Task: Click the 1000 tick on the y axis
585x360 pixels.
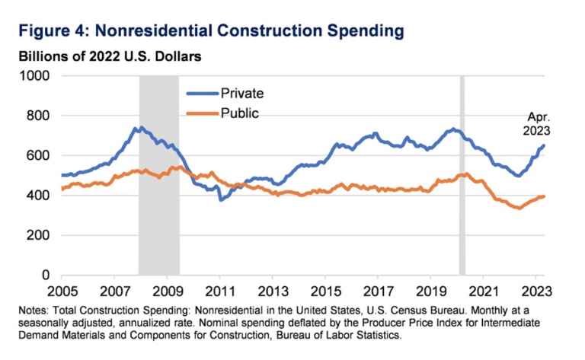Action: pyautogui.click(x=34, y=76)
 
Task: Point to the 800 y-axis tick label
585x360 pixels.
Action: pyautogui.click(x=37, y=116)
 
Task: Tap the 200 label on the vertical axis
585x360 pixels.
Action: pyautogui.click(x=37, y=235)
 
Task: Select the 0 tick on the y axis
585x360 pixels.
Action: pyautogui.click(x=45, y=275)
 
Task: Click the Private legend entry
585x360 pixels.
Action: pyautogui.click(x=242, y=94)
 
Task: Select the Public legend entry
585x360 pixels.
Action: pyautogui.click(x=240, y=113)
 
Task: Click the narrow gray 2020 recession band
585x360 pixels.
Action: pyautogui.click(x=462, y=175)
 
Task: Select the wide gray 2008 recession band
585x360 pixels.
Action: pyautogui.click(x=158, y=175)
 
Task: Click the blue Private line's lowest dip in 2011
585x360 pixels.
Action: pyautogui.click(x=221, y=200)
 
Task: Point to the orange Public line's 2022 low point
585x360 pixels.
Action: pyautogui.click(x=519, y=208)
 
